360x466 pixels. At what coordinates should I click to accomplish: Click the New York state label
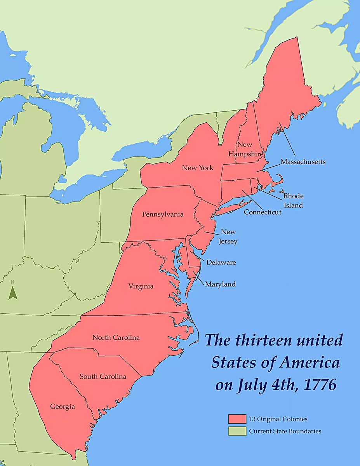pos(198,168)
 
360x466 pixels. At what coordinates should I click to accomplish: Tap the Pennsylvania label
pos(163,214)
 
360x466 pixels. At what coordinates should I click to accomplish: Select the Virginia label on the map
pos(141,286)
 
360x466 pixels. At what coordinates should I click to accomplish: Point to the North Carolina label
pos(116,337)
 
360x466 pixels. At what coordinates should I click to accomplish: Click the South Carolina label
pos(103,376)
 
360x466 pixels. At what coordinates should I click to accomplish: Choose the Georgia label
pos(62,407)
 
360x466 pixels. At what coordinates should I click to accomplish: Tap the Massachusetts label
pos(303,162)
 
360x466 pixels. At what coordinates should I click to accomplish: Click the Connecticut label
pos(263,212)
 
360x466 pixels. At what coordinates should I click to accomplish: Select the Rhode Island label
pos(293,200)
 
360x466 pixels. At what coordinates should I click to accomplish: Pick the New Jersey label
pos(229,236)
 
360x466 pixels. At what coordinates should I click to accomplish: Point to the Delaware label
pos(221,262)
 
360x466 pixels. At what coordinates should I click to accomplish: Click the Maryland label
pos(220,284)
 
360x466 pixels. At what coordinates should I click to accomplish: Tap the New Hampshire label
pos(246,149)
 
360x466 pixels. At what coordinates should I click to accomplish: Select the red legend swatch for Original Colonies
pos(237,418)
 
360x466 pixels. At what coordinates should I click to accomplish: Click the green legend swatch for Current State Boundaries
pos(237,431)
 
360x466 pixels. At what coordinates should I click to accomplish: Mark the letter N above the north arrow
pos(12,282)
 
